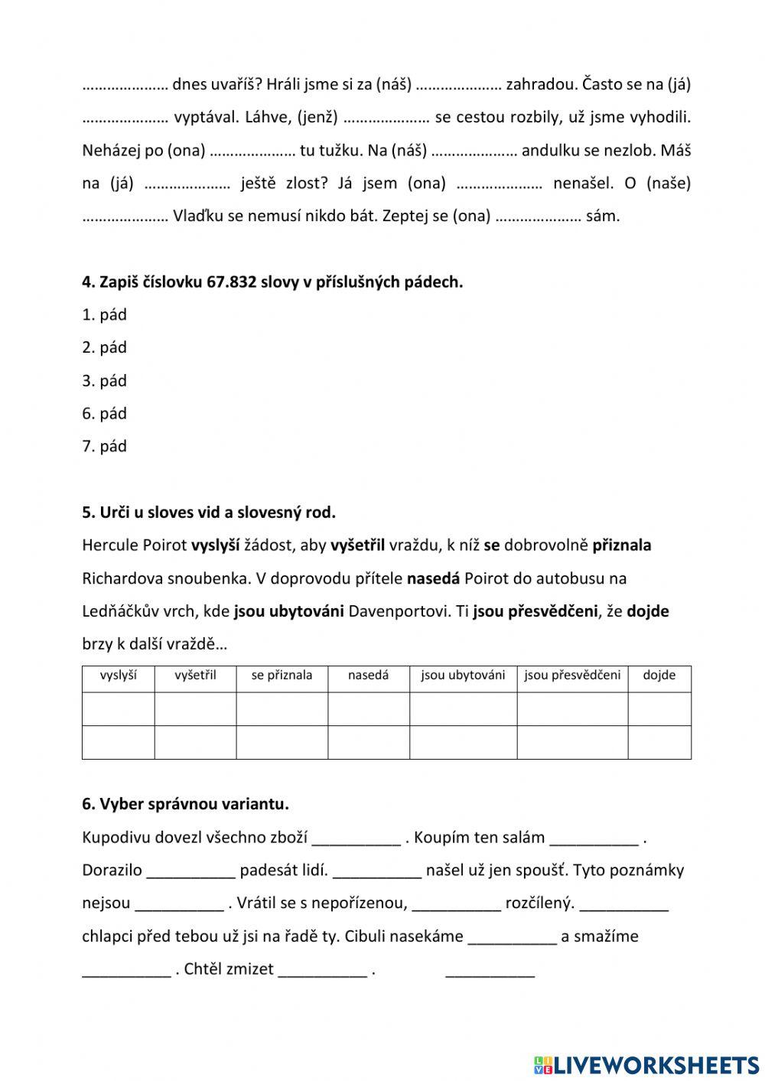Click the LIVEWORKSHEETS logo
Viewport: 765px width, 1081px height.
click(646, 1064)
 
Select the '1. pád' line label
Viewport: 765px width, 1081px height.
click(104, 314)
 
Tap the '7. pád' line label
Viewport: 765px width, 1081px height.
click(104, 446)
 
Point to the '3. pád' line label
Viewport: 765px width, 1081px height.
click(104, 380)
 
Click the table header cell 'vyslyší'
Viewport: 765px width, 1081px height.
click(119, 676)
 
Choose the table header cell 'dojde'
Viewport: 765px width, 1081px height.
click(659, 676)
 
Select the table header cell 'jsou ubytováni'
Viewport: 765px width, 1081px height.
click(463, 676)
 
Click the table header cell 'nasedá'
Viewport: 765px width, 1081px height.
click(368, 676)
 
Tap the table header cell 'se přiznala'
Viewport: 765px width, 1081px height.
click(282, 676)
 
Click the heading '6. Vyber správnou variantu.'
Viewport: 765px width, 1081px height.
click(185, 804)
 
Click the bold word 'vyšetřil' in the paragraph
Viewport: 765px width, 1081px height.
click(357, 545)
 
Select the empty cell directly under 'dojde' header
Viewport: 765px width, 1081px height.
click(659, 708)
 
